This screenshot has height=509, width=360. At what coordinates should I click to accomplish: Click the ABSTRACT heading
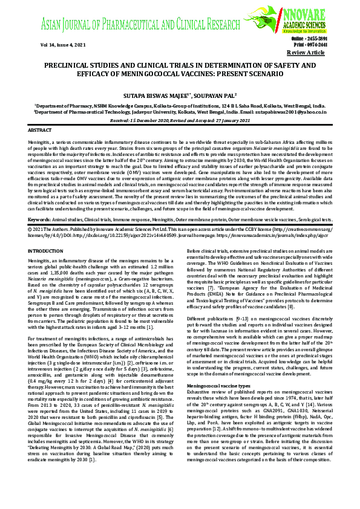[41, 130]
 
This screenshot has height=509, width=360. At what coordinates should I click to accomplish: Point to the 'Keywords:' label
[39, 219]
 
